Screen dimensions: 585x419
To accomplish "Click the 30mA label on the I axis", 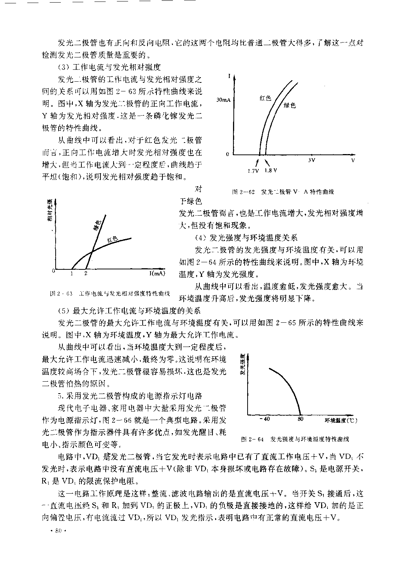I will pyautogui.click(x=223, y=100).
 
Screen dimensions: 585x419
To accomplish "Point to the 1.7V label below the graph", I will pyautogui.click(x=253, y=171).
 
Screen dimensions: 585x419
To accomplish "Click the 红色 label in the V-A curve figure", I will pyautogui.click(x=265, y=98).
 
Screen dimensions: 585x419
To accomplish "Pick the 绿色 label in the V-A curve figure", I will pyautogui.click(x=289, y=106).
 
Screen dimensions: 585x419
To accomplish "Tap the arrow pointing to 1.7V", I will pyautogui.click(x=257, y=163).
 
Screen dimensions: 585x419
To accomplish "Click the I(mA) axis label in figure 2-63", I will pyautogui.click(x=157, y=273).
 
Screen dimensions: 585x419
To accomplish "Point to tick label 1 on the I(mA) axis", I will pyautogui.click(x=71, y=273).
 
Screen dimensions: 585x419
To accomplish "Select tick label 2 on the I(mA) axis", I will pyautogui.click(x=86, y=273).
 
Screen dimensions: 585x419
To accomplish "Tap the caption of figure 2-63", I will pyautogui.click(x=110, y=293).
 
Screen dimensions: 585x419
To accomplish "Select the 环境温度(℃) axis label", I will pyautogui.click(x=341, y=420).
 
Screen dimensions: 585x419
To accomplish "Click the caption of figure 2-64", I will pyautogui.click(x=295, y=439).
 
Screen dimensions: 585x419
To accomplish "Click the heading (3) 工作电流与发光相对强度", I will pyautogui.click(x=109, y=68).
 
